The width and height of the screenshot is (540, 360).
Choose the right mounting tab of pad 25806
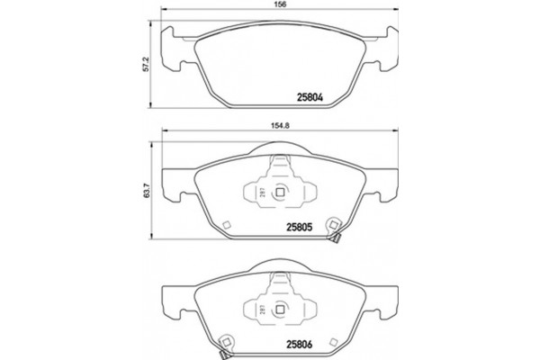pyautogui.click(x=385, y=294)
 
